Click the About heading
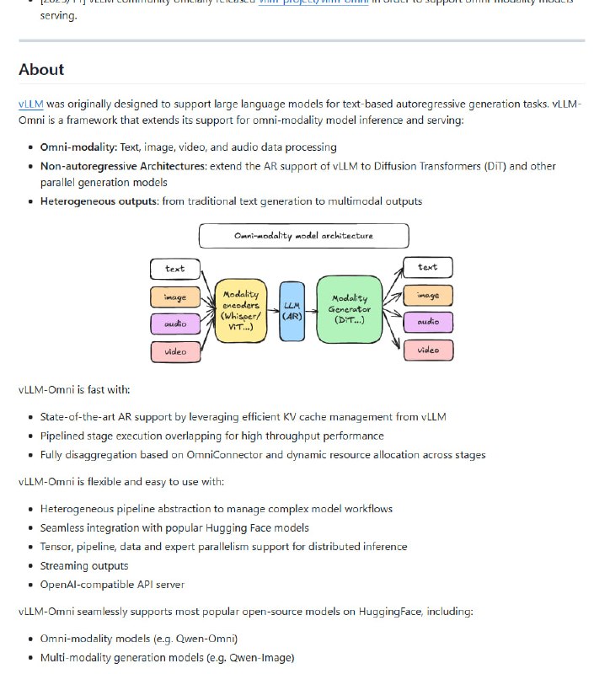point(41,69)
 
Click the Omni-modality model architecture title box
point(303,235)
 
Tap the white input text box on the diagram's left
point(176,269)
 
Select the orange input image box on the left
point(176,297)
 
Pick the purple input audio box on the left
point(176,324)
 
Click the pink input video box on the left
point(176,350)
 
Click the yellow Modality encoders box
point(240,310)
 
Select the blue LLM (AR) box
point(292,311)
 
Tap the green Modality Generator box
point(349,309)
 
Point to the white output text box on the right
point(428,267)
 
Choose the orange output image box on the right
point(428,295)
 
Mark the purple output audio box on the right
point(428,322)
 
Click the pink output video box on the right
point(428,350)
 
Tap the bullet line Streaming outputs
point(84,565)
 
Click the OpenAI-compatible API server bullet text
point(112,584)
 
